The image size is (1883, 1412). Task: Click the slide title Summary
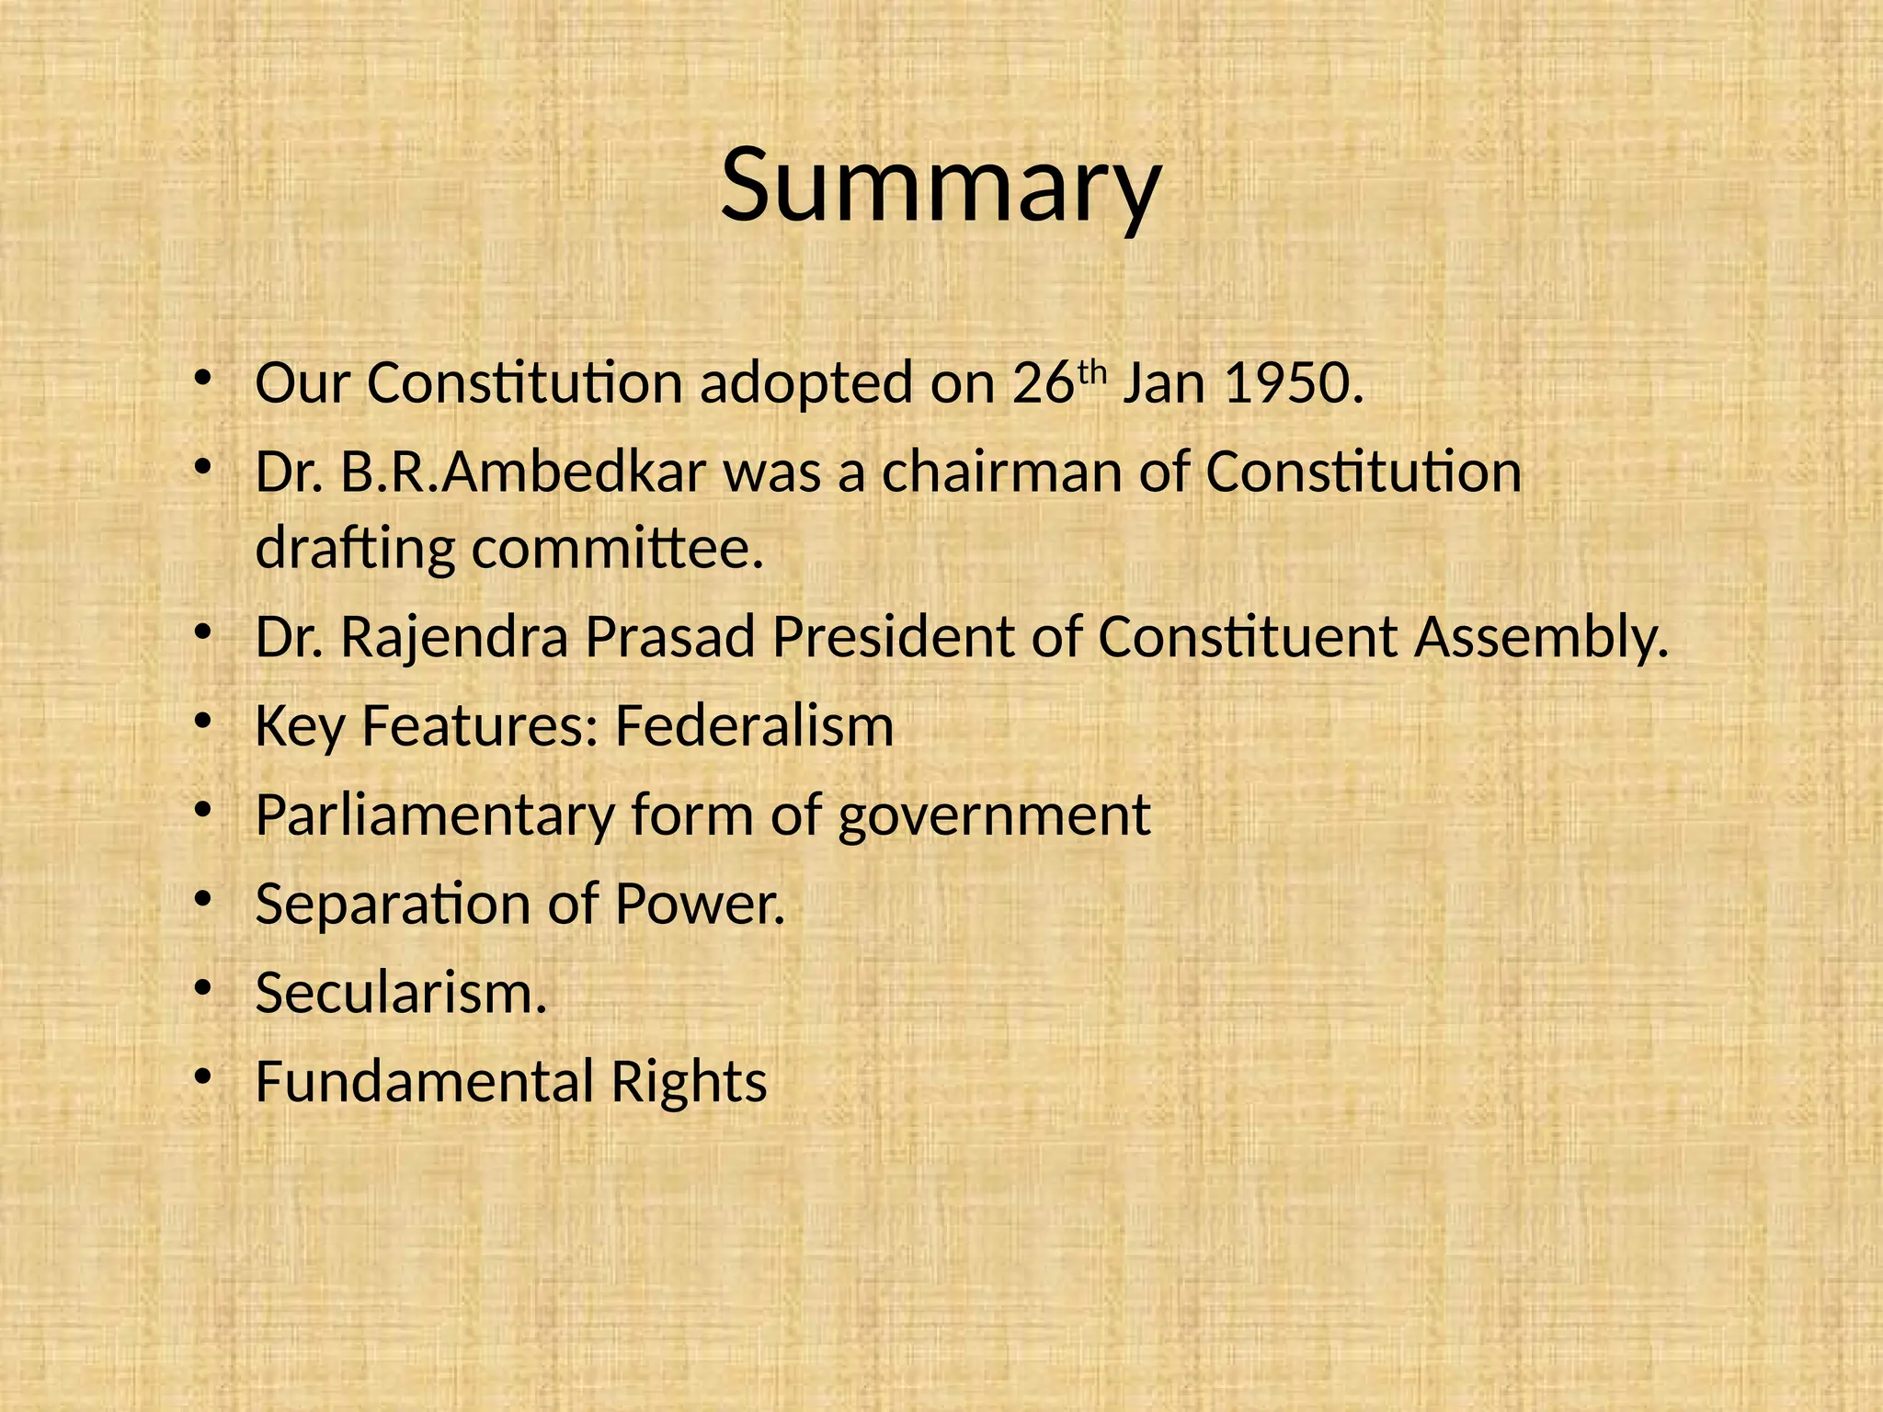tap(941, 187)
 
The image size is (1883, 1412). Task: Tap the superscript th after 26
tap(1089, 371)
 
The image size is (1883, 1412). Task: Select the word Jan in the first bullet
tap(1164, 383)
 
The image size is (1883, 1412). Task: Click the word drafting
tap(355, 550)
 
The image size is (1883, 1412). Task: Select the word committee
tap(618, 550)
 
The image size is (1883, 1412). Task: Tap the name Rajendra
tap(454, 637)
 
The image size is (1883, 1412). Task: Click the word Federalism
tap(754, 726)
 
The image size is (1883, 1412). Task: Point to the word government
tap(993, 816)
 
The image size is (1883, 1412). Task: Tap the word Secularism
tap(401, 993)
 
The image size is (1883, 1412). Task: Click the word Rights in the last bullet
tap(689, 1083)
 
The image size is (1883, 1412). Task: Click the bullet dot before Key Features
tap(203, 720)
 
